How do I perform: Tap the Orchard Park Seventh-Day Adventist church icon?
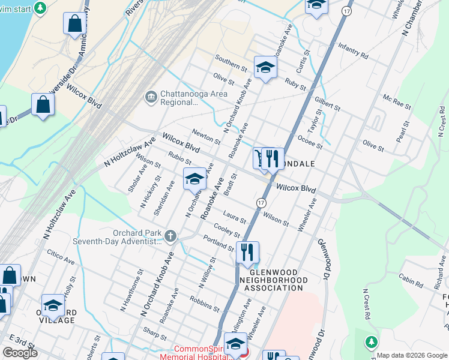pos(170,236)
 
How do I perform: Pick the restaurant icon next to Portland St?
pos(247,253)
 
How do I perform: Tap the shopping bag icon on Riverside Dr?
pos(43,104)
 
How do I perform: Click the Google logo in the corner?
pos(20,353)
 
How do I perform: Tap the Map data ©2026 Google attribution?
pos(412,355)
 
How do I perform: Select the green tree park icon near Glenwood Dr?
pos(372,341)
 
